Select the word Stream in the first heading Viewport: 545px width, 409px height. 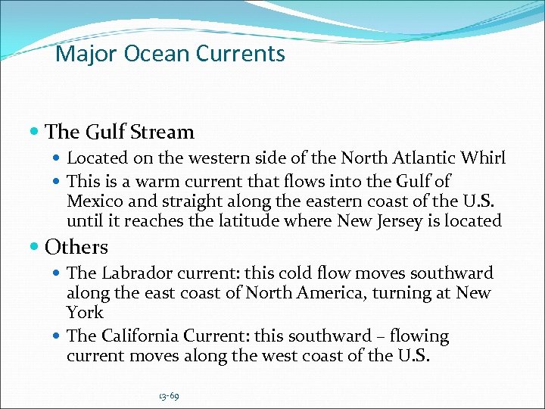click(x=161, y=132)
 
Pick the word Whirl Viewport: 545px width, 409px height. click(x=486, y=158)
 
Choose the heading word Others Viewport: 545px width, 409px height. click(x=76, y=247)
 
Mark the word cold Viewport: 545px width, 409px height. click(x=324, y=273)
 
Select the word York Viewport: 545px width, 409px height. click(x=85, y=313)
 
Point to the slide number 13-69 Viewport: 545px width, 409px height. click(x=170, y=396)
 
